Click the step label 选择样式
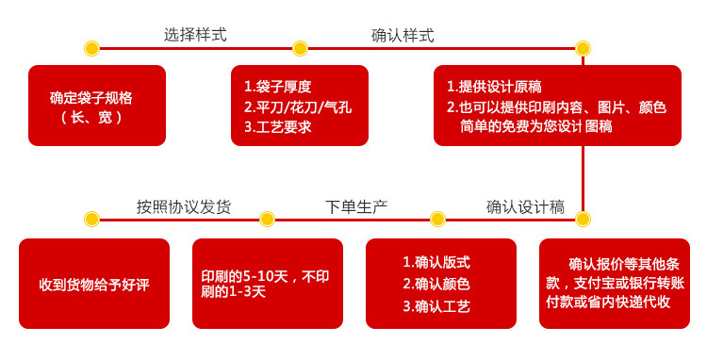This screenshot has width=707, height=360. [x=195, y=35]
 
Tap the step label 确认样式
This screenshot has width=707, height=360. [x=403, y=35]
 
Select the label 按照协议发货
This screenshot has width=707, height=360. [x=184, y=206]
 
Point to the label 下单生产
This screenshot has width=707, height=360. [x=356, y=206]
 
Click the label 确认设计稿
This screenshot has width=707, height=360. [x=525, y=206]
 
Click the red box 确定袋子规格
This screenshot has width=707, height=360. [x=97, y=106]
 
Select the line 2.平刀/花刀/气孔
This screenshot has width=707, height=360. [x=297, y=106]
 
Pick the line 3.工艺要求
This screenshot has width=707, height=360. [x=277, y=126]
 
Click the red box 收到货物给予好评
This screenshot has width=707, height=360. [x=94, y=284]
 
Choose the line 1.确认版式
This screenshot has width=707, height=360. [x=436, y=262]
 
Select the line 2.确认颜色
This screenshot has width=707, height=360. [x=436, y=284]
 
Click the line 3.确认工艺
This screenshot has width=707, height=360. [x=436, y=305]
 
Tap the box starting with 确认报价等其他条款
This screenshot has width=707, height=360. [x=615, y=283]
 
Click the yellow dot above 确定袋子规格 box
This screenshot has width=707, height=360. [x=91, y=48]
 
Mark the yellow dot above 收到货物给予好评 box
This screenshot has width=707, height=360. [x=91, y=220]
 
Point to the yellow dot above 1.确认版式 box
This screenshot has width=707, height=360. [x=437, y=220]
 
